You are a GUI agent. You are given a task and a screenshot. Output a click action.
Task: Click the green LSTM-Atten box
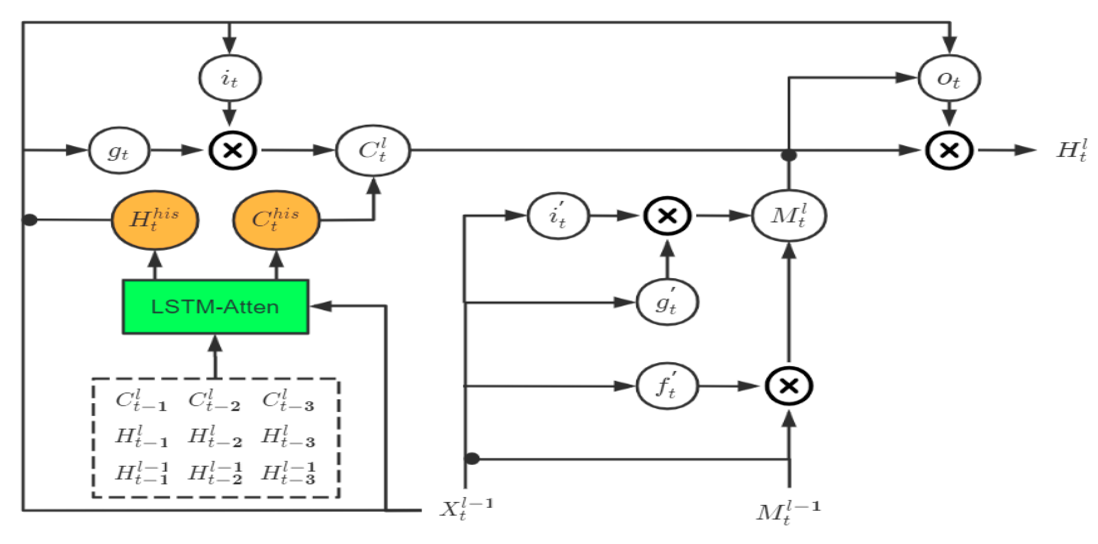coord(215,307)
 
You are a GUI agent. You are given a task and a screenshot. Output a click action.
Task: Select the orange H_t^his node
coord(155,220)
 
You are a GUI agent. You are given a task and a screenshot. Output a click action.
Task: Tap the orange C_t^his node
coord(276,220)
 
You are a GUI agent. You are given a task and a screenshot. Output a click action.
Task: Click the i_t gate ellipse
coord(230,78)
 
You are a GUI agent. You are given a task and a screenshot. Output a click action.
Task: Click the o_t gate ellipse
coord(949,78)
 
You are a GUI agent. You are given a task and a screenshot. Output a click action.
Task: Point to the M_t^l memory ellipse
coord(789,216)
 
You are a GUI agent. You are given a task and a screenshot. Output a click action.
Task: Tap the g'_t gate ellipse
coord(667,303)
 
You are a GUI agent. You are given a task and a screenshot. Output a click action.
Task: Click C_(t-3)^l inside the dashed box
coord(288,401)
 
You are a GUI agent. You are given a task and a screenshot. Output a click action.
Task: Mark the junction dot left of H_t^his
coord(29,220)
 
